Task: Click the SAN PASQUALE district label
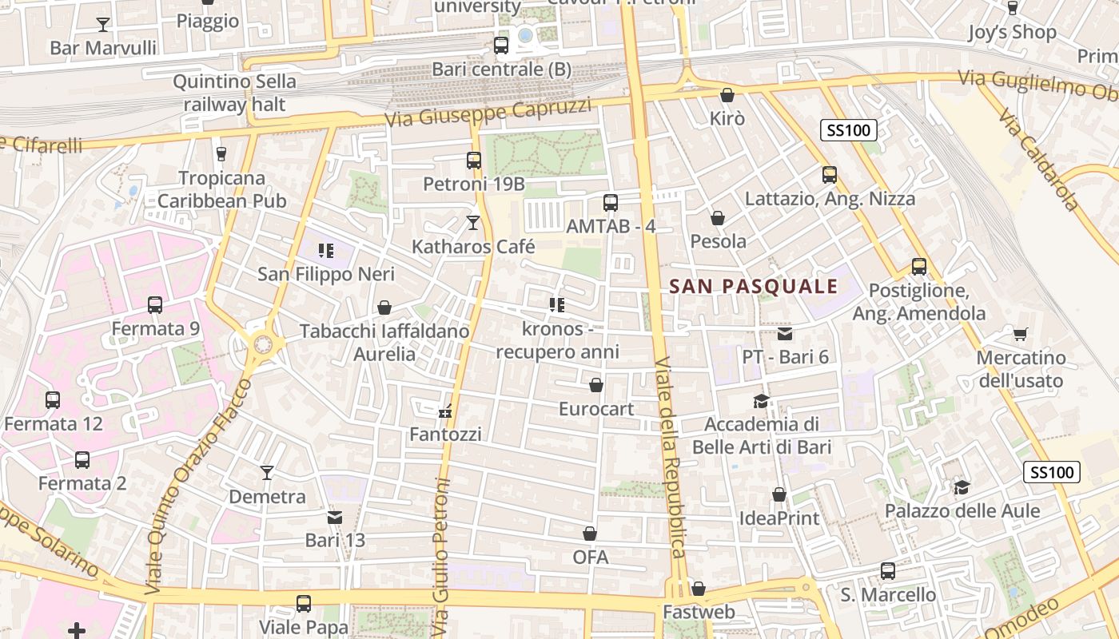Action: pyautogui.click(x=753, y=286)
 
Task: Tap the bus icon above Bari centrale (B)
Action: pyautogui.click(x=501, y=46)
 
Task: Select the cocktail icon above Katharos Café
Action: pyautogui.click(x=473, y=223)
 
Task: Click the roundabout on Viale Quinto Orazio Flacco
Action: pyautogui.click(x=261, y=345)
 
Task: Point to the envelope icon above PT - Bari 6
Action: pyautogui.click(x=785, y=334)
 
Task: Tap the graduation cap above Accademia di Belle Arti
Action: pyautogui.click(x=761, y=401)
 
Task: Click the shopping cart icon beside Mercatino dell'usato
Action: pyautogui.click(x=1020, y=334)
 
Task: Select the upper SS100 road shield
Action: pyautogui.click(x=849, y=130)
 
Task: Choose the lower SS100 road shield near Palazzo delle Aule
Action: pyautogui.click(x=1052, y=472)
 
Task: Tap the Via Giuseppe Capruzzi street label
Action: pyautogui.click(x=488, y=113)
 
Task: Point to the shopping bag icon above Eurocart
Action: pyautogui.click(x=595, y=386)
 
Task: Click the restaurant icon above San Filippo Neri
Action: pyautogui.click(x=325, y=251)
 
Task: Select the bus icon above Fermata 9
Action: pyautogui.click(x=155, y=305)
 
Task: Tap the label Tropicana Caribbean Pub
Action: pyautogui.click(x=221, y=189)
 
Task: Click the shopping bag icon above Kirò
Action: pyautogui.click(x=727, y=95)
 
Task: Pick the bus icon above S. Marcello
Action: pyautogui.click(x=887, y=571)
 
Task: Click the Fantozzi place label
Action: pyautogui.click(x=445, y=435)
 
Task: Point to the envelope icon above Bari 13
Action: pyautogui.click(x=335, y=518)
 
